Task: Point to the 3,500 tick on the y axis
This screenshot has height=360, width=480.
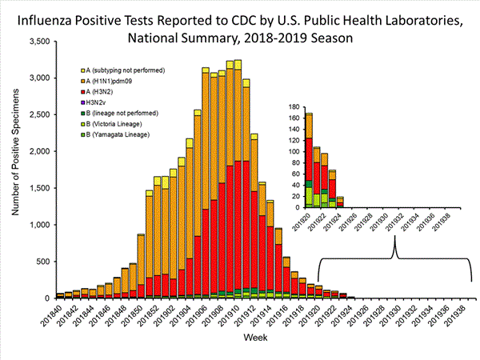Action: [x=37, y=42]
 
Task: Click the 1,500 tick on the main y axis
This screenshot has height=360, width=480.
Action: [x=37, y=188]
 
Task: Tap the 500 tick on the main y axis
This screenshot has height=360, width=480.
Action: [x=42, y=262]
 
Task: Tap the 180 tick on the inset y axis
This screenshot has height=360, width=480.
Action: [x=294, y=106]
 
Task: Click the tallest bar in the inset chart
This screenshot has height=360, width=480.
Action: [x=309, y=160]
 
